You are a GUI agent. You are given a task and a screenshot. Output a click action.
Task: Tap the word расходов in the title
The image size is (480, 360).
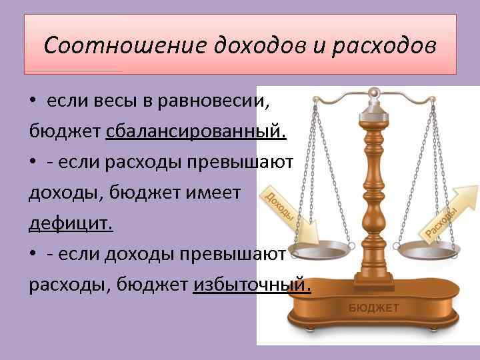coord(384,47)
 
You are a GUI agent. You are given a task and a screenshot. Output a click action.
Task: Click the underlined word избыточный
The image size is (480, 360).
coord(252,285)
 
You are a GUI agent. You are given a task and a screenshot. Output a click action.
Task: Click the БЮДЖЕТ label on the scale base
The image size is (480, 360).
coord(373,307)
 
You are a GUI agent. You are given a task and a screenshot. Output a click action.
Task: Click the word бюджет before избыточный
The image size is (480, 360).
coord(153,285)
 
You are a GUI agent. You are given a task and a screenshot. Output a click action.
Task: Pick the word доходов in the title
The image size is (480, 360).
coord(255,47)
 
